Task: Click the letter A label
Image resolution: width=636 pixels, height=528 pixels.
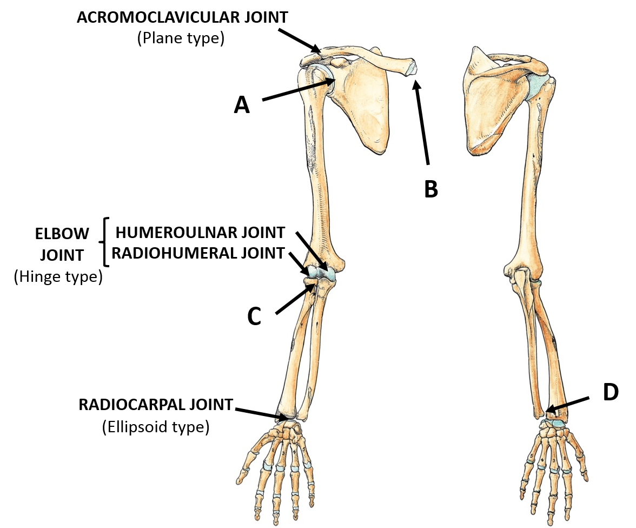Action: (242, 105)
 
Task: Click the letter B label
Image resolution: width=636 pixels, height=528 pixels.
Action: (431, 190)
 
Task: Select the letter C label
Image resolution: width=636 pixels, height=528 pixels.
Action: (254, 317)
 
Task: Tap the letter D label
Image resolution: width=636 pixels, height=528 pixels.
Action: (611, 393)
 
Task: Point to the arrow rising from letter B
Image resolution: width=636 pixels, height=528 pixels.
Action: (422, 122)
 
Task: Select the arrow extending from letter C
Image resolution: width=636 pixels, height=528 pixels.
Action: (295, 299)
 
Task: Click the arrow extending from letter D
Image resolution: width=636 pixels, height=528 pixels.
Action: (568, 405)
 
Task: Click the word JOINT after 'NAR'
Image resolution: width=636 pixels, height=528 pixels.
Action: (263, 233)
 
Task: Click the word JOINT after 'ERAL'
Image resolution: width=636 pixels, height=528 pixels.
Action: (263, 253)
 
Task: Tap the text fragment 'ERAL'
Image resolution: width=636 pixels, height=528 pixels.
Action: (218, 253)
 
